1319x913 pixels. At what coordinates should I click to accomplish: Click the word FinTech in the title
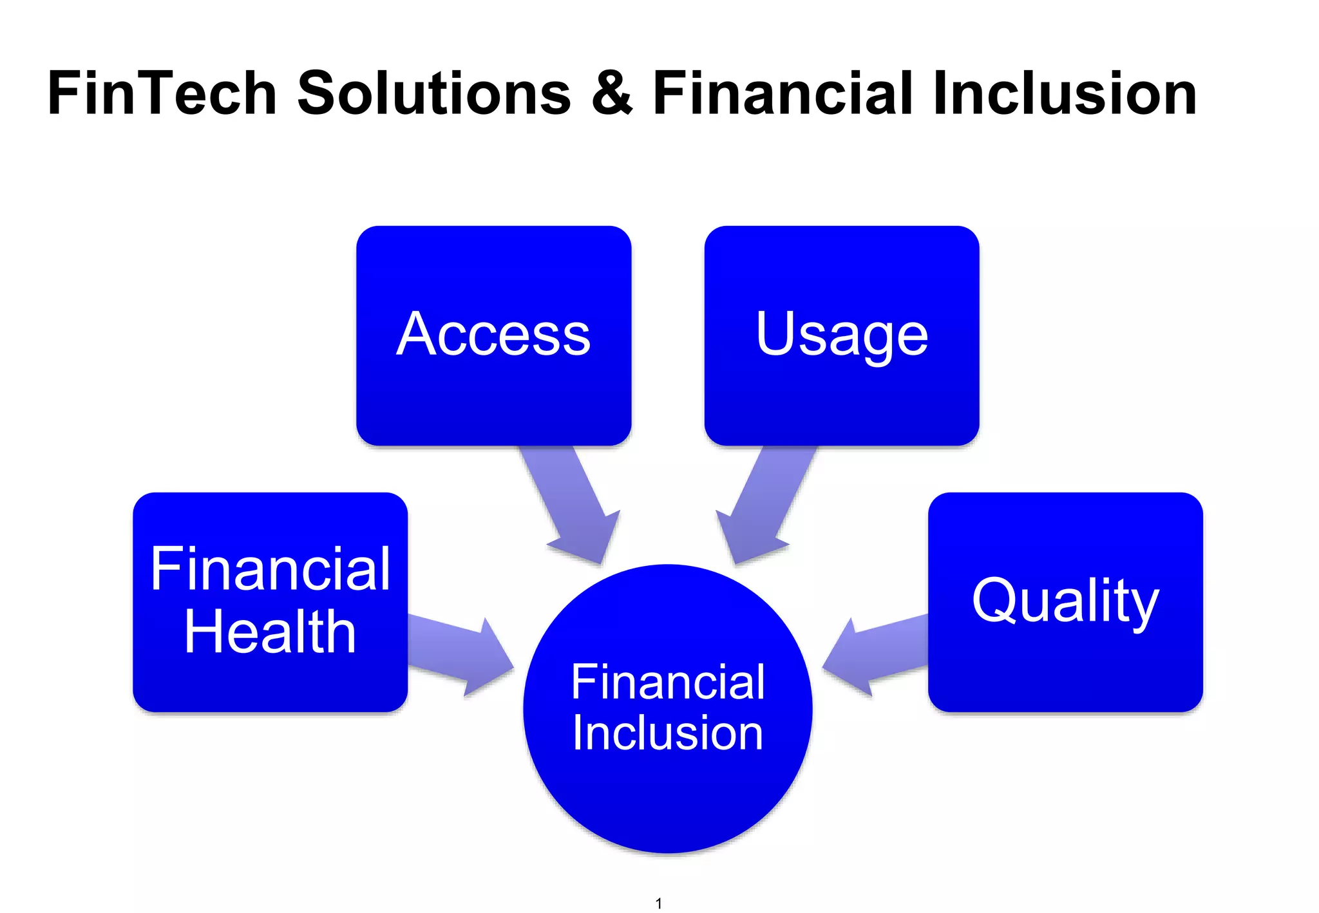pyautogui.click(x=162, y=94)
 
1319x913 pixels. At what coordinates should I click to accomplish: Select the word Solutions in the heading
pyautogui.click(x=433, y=94)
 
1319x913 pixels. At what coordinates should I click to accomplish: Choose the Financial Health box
pyautogui.click(x=270, y=682)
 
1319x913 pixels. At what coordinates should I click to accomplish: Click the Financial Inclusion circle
pyautogui.click(x=668, y=792)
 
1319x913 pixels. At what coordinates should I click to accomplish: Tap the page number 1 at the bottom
pyautogui.click(x=658, y=903)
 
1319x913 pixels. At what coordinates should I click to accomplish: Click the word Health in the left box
pyautogui.click(x=270, y=632)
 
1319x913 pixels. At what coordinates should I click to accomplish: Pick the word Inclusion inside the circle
pyautogui.click(x=668, y=733)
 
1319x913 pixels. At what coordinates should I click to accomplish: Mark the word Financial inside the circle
pyautogui.click(x=668, y=682)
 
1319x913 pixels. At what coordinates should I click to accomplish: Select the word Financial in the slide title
pyautogui.click(x=783, y=94)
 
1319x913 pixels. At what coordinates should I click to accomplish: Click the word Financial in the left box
pyautogui.click(x=270, y=569)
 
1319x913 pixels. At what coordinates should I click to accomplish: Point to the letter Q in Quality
pyautogui.click(x=992, y=601)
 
